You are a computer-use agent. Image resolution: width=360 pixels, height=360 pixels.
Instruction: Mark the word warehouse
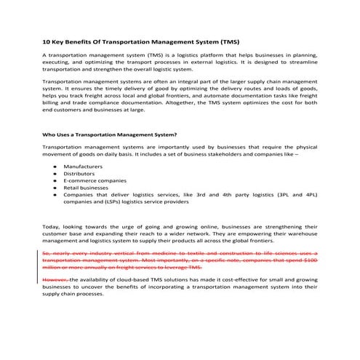pos(300,234)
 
